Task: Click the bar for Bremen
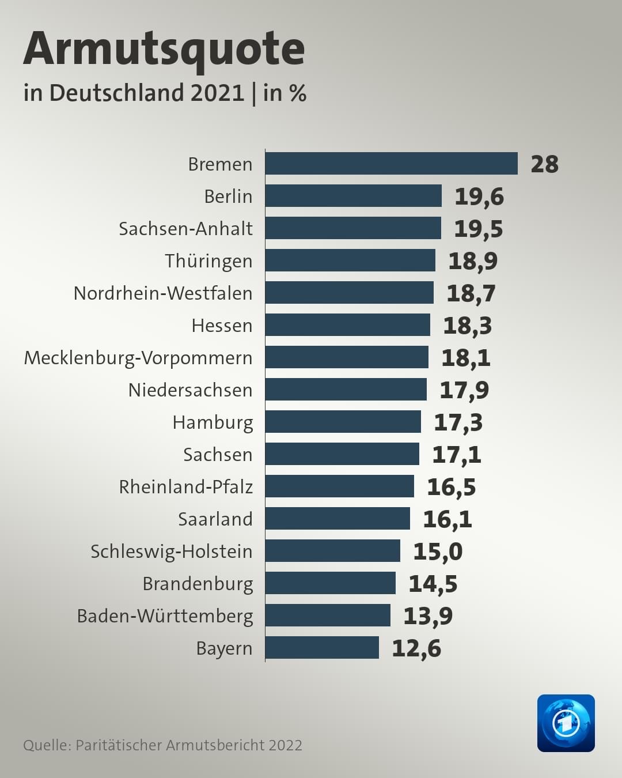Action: (x=392, y=164)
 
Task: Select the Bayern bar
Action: (x=322, y=648)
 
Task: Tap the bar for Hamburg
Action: (x=343, y=421)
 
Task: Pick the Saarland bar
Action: (x=337, y=519)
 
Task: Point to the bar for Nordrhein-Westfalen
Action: (x=350, y=293)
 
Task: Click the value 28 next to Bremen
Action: (x=544, y=164)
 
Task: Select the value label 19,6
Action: (x=479, y=197)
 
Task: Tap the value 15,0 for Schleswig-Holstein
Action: (x=438, y=552)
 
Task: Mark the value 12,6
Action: (x=416, y=648)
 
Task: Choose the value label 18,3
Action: (x=467, y=326)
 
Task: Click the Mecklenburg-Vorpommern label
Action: (x=138, y=358)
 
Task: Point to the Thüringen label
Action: (x=208, y=261)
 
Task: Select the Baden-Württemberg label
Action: (x=165, y=616)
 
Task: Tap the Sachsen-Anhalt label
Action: (x=186, y=228)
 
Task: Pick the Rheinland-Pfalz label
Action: (x=186, y=486)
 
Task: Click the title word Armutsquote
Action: (x=164, y=50)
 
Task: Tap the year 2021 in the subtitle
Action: (x=217, y=93)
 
